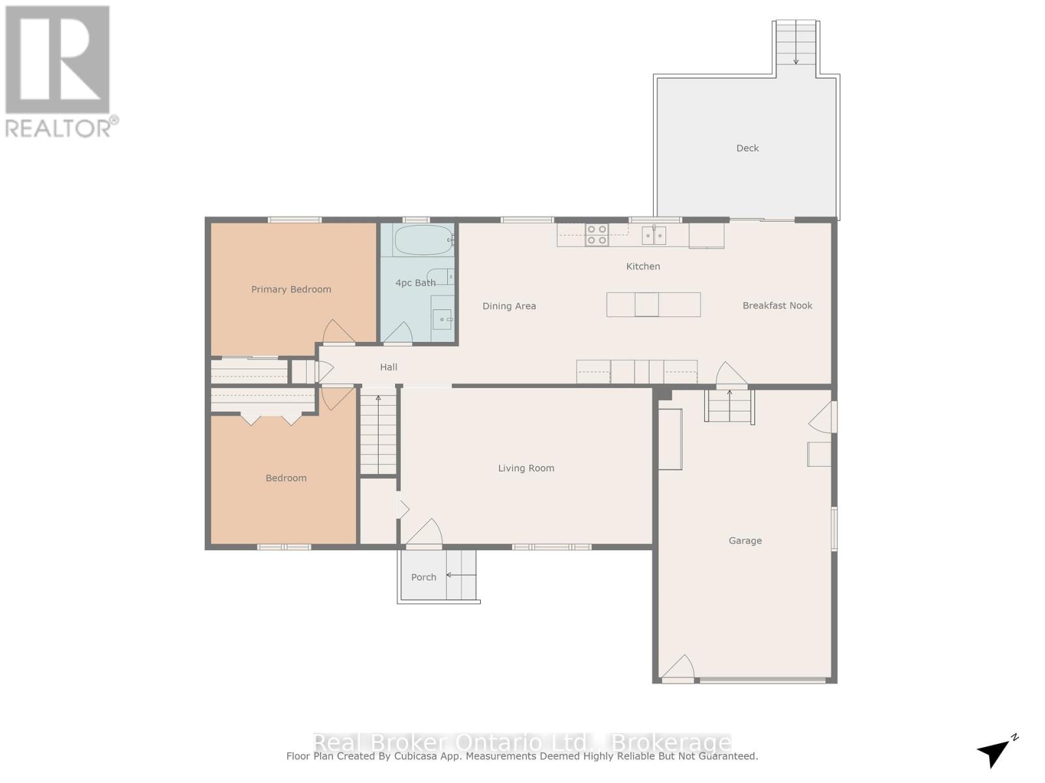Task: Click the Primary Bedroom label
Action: click(291, 289)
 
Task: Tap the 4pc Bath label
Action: click(415, 283)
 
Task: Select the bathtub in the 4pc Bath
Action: click(423, 240)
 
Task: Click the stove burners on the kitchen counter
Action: click(596, 235)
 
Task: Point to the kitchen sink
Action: click(653, 235)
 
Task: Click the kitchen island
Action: click(653, 305)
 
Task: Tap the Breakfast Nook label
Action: click(777, 305)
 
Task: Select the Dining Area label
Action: click(509, 306)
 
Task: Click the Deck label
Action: click(747, 148)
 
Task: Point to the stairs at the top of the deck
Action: click(796, 43)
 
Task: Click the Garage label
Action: click(745, 540)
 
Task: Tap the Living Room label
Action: click(526, 468)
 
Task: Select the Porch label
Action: click(423, 577)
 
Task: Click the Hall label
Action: click(389, 367)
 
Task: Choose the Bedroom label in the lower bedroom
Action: click(286, 478)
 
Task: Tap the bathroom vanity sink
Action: click(443, 319)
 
